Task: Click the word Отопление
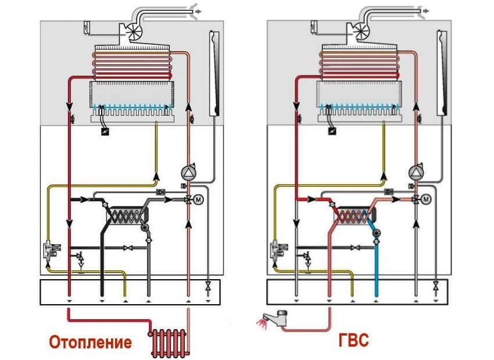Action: pos(90,341)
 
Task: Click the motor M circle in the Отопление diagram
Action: pos(199,200)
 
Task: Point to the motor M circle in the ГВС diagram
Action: pos(426,200)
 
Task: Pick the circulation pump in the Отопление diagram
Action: pos(188,172)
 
